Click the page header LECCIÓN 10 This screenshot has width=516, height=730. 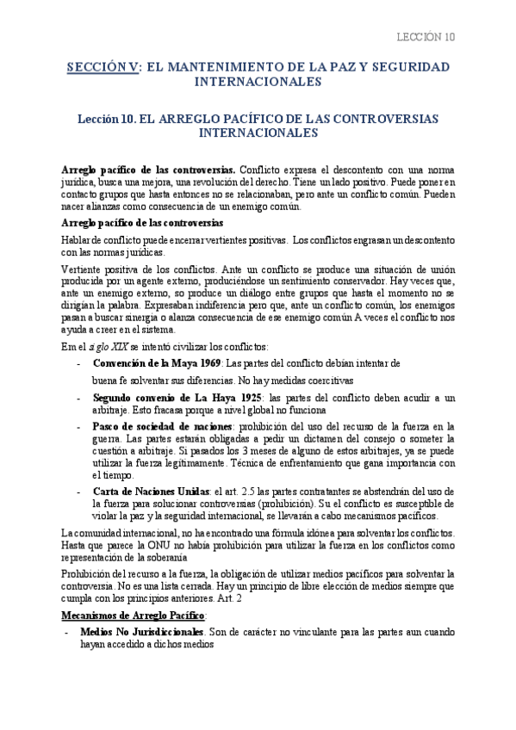point(425,37)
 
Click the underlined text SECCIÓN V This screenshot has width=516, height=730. point(103,66)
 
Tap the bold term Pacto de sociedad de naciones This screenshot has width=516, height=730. point(162,426)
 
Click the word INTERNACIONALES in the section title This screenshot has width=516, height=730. point(258,82)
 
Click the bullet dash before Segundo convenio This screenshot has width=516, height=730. point(79,399)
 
